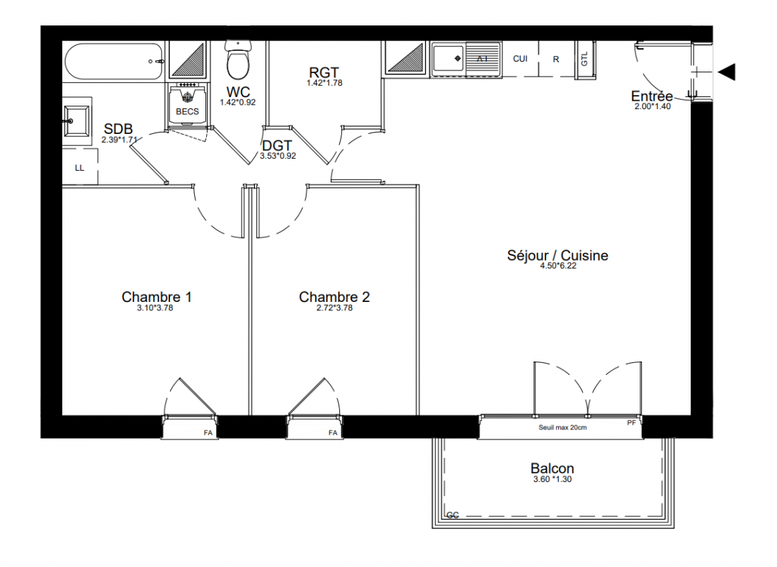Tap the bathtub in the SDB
[113, 62]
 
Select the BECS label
[187, 111]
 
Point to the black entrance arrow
[727, 72]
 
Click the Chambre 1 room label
[157, 297]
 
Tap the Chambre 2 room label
[334, 297]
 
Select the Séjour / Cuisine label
[557, 255]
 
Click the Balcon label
[552, 468]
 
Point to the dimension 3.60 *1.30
[552, 479]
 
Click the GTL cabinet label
[584, 59]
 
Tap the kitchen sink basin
[448, 59]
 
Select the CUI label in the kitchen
[521, 59]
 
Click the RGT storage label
[324, 73]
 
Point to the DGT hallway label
[277, 146]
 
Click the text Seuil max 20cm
[562, 427]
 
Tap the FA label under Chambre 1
[208, 433]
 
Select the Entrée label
[652, 96]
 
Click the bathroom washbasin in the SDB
[76, 120]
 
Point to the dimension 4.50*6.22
[558, 266]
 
